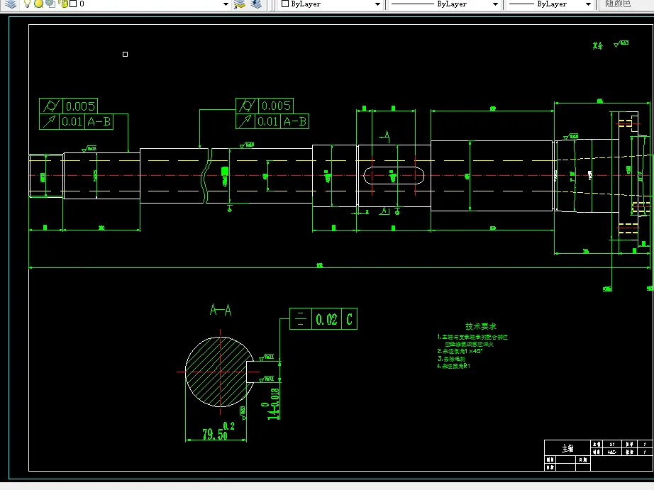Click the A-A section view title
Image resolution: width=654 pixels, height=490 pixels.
pyautogui.click(x=221, y=310)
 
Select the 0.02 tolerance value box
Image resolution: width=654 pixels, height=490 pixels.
pyautogui.click(x=326, y=319)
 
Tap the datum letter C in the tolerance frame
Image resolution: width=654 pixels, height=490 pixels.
pyautogui.click(x=349, y=319)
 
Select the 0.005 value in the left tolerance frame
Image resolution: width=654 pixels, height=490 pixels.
pyautogui.click(x=79, y=106)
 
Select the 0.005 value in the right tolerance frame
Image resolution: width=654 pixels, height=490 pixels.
pyautogui.click(x=276, y=106)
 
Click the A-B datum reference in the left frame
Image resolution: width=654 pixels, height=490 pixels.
pyautogui.click(x=99, y=122)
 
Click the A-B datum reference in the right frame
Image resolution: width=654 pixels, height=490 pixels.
pyautogui.click(x=295, y=122)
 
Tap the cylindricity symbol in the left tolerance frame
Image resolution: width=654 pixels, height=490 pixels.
pyautogui.click(x=50, y=106)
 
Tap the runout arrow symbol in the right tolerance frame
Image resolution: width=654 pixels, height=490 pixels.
pyautogui.click(x=245, y=122)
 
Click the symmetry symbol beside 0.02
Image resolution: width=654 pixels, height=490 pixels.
pyautogui.click(x=300, y=319)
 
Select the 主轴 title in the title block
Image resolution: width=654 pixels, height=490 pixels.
pyautogui.click(x=567, y=449)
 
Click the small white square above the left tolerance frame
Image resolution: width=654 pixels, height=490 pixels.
pyautogui.click(x=126, y=54)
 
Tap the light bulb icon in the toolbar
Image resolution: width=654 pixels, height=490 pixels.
pyautogui.click(x=27, y=4)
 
